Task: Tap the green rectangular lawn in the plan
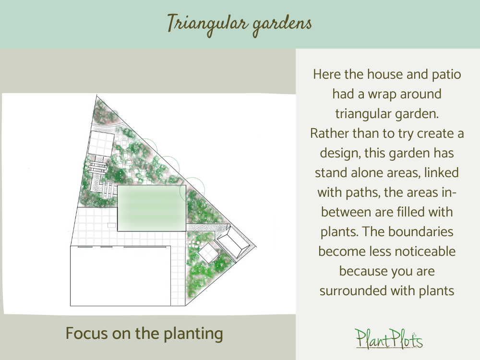point(151,208)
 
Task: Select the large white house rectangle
point(120,276)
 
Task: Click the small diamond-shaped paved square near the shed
point(207,252)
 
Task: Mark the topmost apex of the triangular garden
point(95,95)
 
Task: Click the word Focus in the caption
point(85,333)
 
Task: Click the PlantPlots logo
point(389,338)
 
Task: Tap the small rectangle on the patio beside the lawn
point(112,225)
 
